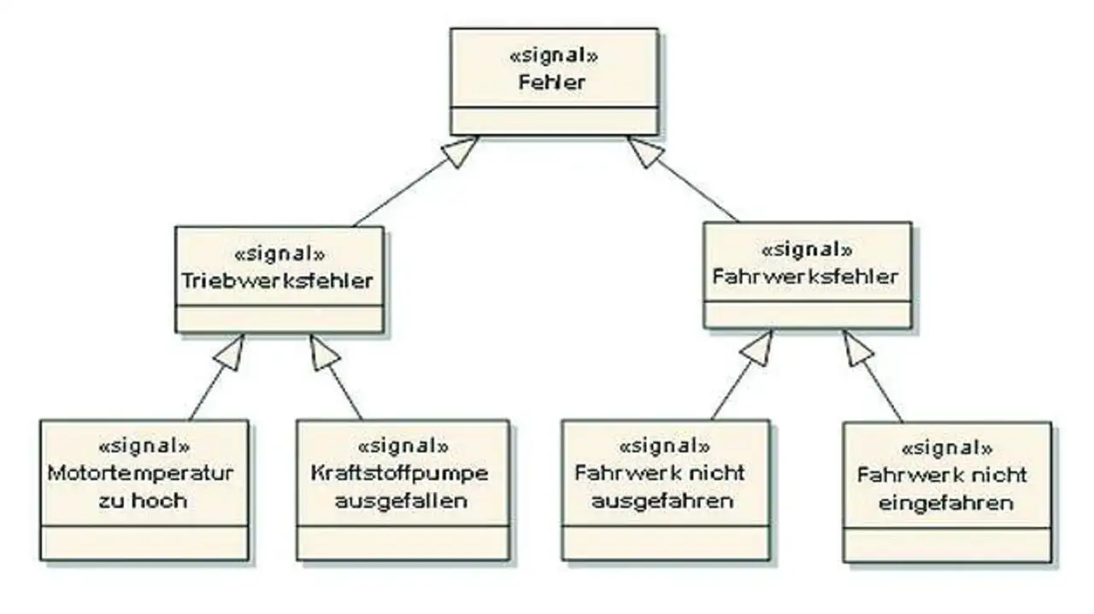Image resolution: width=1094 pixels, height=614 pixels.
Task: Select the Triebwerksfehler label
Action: [278, 281]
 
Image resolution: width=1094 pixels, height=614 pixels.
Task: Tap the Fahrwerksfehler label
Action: [805, 277]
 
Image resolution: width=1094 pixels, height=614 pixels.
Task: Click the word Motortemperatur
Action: [141, 472]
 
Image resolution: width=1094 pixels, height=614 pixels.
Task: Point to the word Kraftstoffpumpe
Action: [401, 472]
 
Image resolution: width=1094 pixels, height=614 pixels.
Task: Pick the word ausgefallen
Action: [401, 500]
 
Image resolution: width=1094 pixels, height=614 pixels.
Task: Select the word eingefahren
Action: [946, 502]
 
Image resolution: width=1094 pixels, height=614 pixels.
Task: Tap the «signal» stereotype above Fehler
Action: [553, 56]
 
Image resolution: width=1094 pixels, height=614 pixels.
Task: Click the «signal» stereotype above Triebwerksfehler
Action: [279, 254]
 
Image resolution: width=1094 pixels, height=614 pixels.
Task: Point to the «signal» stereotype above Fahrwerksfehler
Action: [806, 250]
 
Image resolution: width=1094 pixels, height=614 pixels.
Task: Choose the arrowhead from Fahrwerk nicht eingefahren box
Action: [858, 348]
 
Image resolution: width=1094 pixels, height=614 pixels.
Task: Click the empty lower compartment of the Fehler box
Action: [554, 120]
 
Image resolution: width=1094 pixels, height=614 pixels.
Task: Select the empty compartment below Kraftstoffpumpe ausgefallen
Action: [403, 542]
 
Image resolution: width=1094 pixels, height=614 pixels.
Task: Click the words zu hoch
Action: [141, 500]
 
